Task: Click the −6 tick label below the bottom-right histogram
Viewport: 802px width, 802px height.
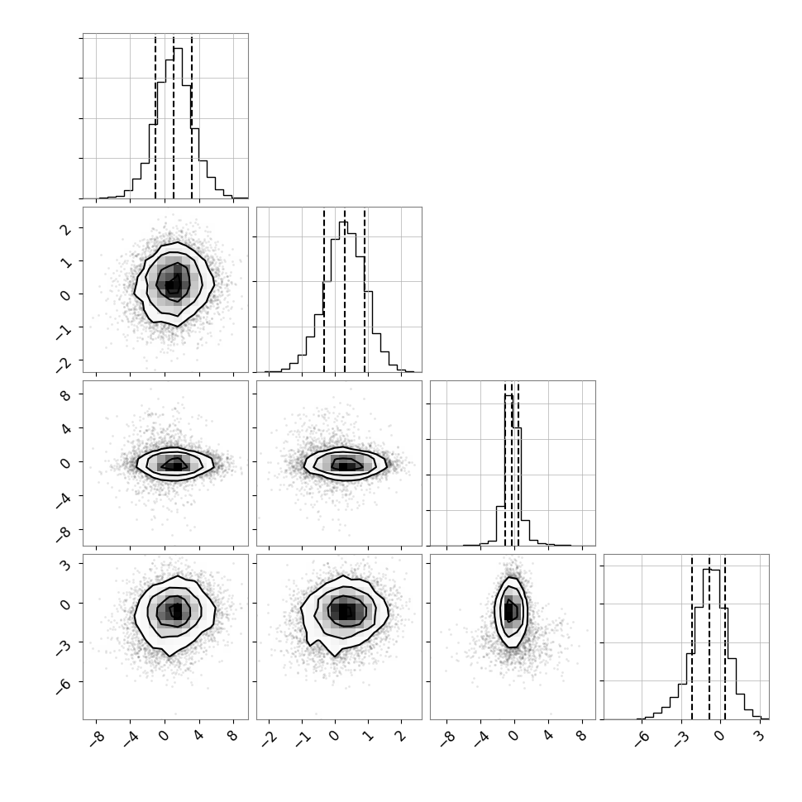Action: [x=642, y=738]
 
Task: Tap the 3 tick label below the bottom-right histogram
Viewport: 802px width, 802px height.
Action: [x=760, y=736]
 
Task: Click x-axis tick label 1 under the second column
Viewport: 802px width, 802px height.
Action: [x=368, y=736]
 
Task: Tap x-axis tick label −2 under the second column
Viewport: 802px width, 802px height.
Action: [x=269, y=738]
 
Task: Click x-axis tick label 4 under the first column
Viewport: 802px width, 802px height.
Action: [x=199, y=736]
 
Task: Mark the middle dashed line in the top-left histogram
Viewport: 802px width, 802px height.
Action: [x=174, y=117]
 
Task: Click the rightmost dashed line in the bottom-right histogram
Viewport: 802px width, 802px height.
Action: [x=725, y=637]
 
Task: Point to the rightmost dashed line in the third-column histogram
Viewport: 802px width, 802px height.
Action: [x=518, y=465]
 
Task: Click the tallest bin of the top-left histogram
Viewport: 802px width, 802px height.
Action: [x=178, y=123]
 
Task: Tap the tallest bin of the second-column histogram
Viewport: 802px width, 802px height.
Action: [x=344, y=297]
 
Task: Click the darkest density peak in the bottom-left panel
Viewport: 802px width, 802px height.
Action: [x=176, y=611]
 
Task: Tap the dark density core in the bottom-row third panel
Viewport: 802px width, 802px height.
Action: [x=510, y=611]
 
